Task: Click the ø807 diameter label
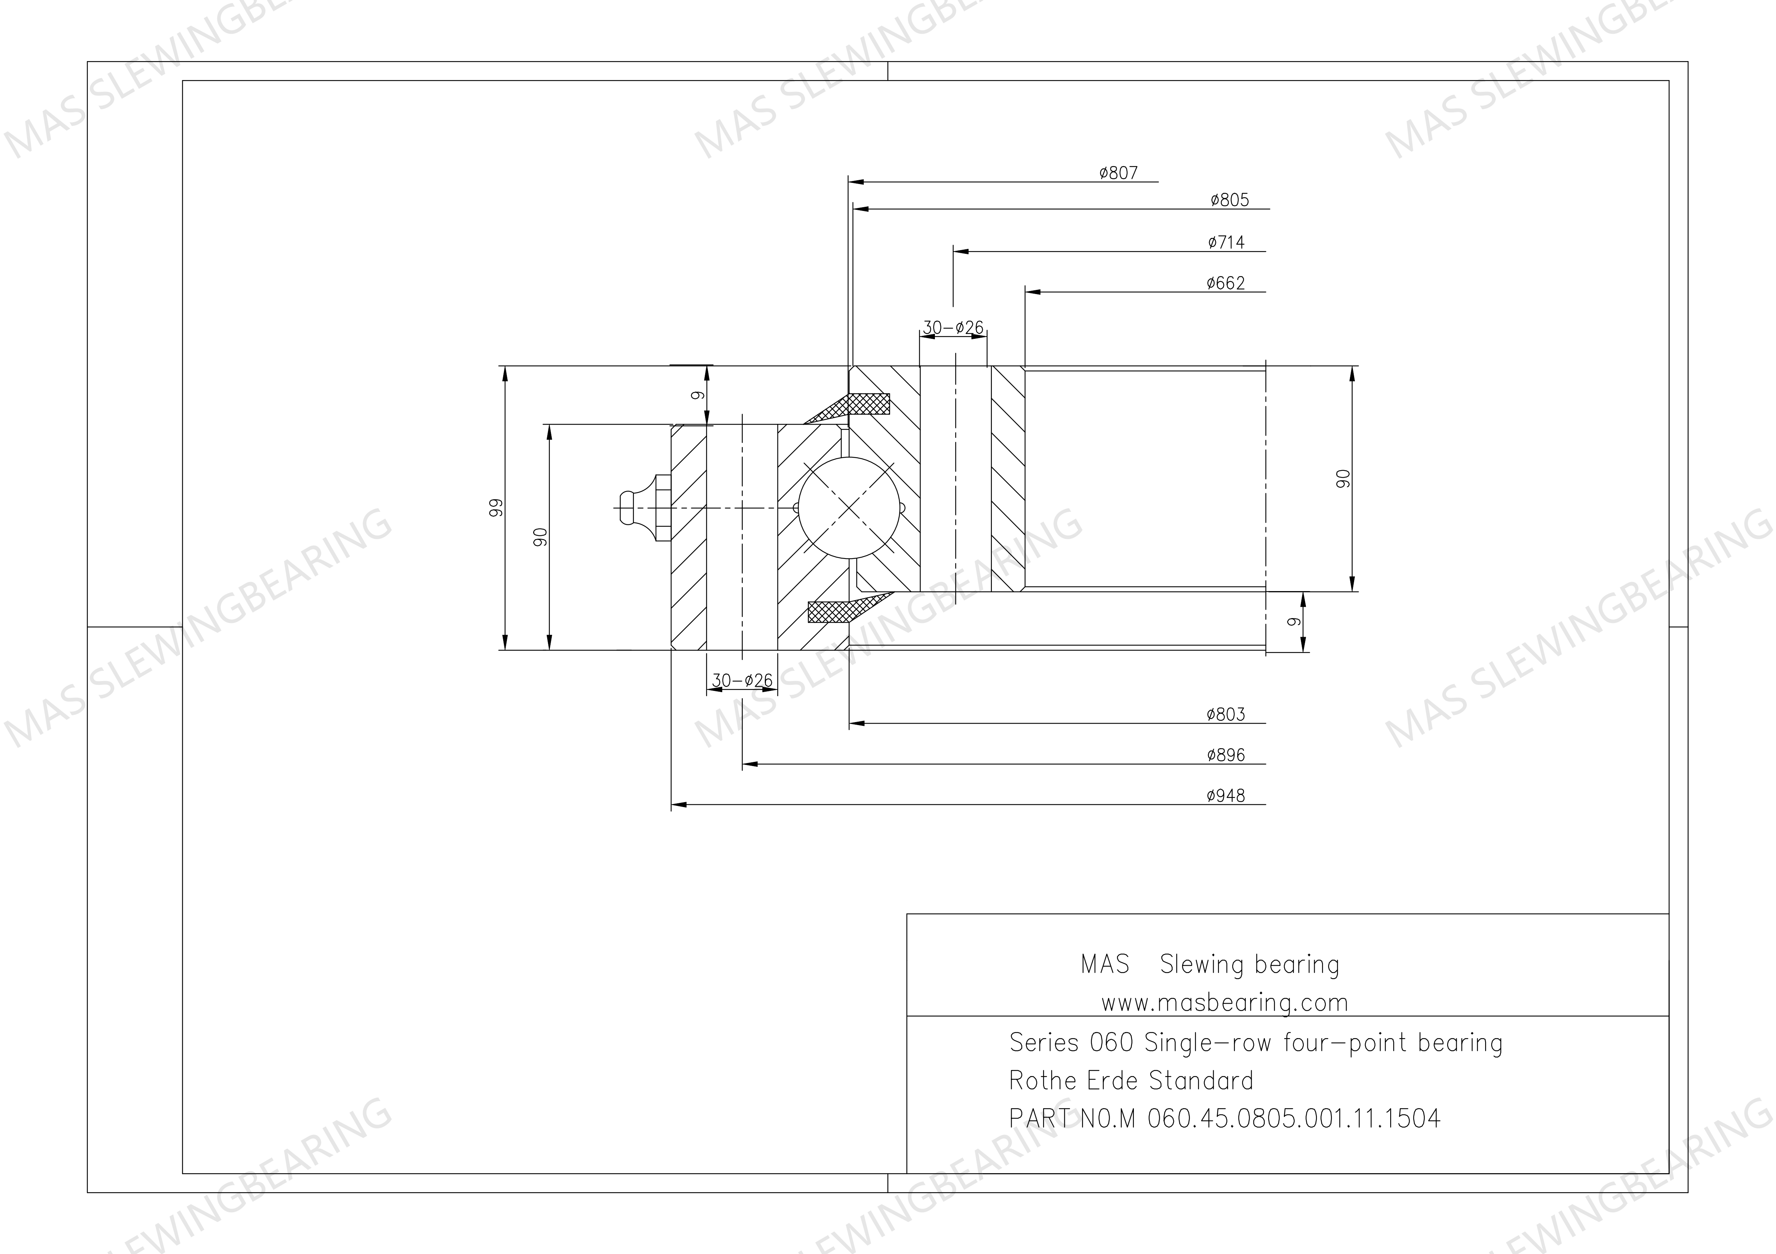point(1119,173)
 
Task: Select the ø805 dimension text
point(1230,200)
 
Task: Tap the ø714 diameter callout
point(1227,243)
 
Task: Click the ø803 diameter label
point(1226,714)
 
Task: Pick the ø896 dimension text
point(1226,755)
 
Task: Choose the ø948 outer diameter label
point(1226,796)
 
